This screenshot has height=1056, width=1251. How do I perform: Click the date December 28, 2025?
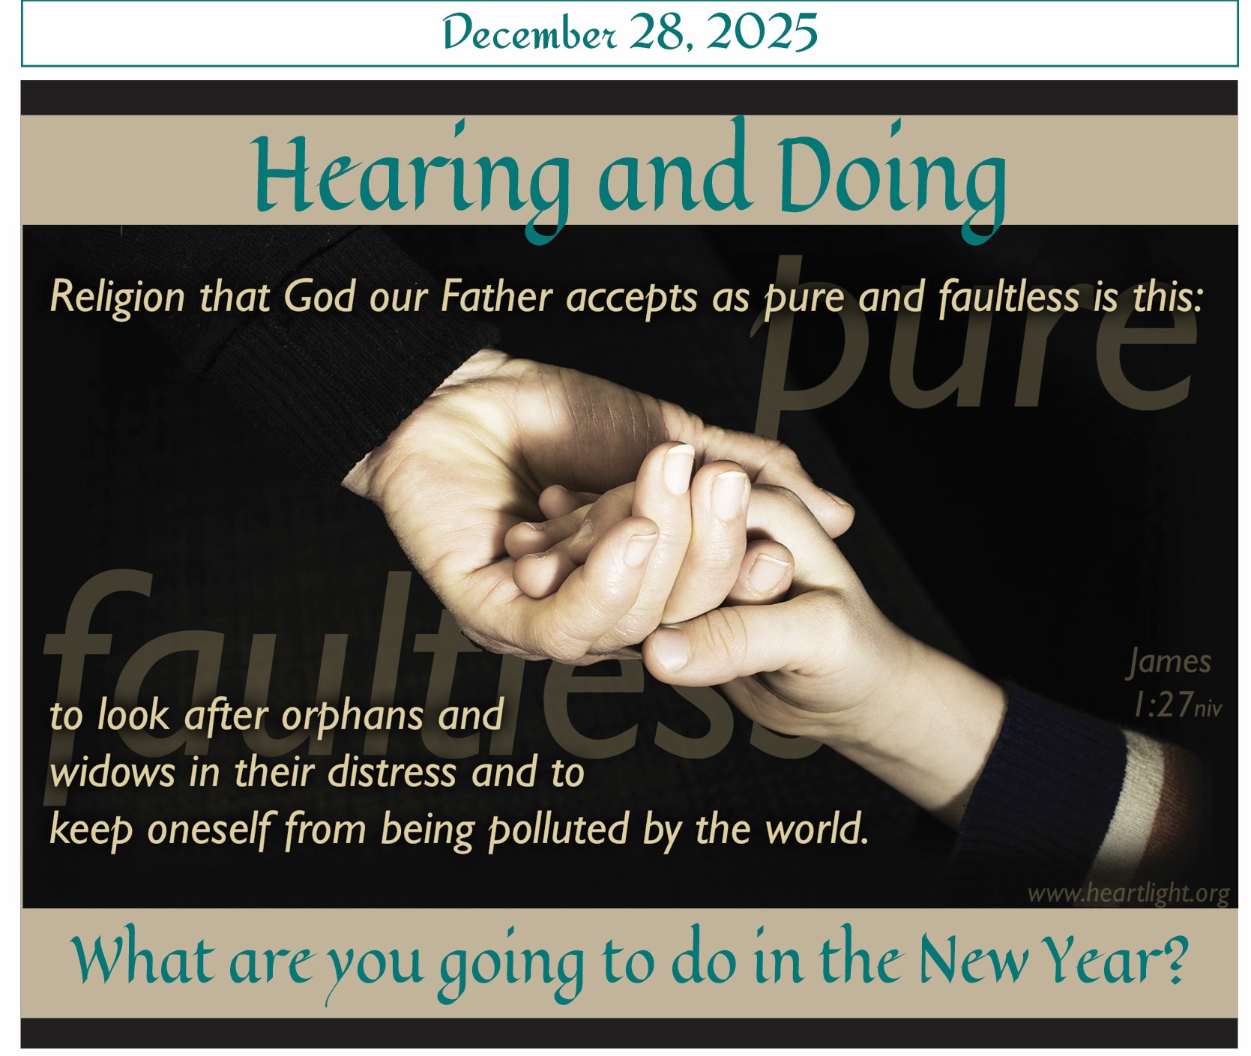pos(630,34)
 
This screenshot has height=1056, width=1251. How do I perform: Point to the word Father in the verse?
pos(496,297)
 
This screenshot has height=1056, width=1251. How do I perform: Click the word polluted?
pos(558,830)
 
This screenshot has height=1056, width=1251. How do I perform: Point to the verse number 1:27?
pos(1163,704)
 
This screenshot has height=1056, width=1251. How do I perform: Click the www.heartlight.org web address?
pos(1128,894)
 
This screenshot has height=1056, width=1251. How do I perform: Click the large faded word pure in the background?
pos(974,337)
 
